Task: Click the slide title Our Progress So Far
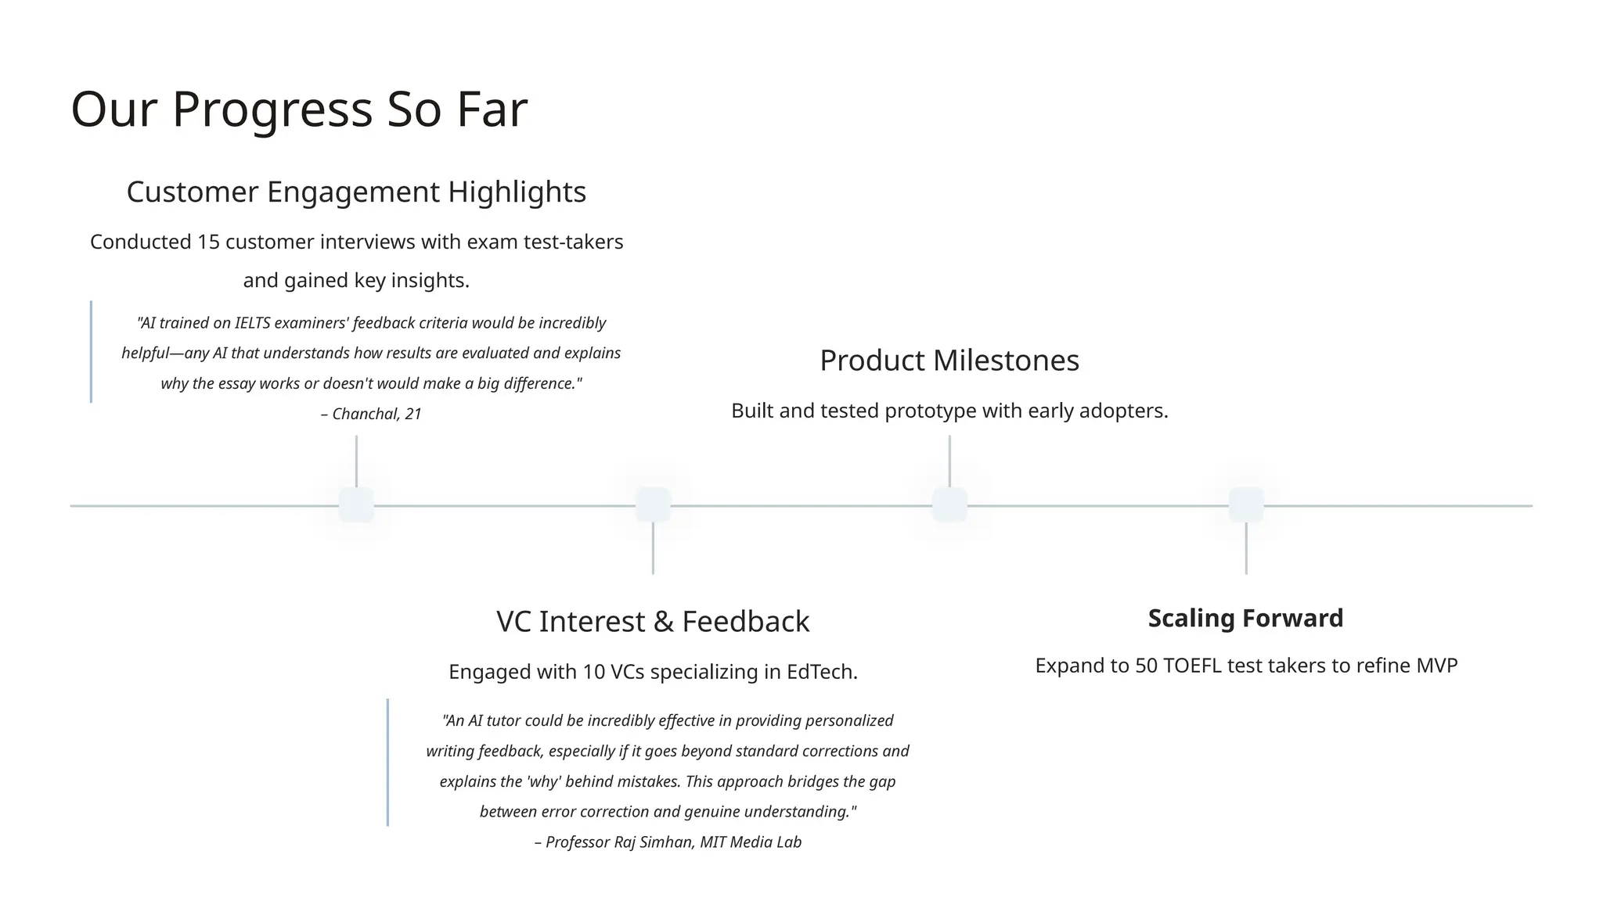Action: point(299,109)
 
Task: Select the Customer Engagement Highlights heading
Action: point(356,192)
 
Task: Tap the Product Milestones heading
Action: point(949,361)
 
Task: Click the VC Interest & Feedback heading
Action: point(653,622)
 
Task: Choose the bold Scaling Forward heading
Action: point(1245,619)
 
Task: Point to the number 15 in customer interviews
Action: point(208,242)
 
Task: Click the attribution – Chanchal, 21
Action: point(371,415)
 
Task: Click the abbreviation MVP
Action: point(1436,666)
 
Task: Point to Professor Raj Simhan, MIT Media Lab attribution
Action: point(668,843)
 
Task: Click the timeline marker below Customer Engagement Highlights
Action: point(356,505)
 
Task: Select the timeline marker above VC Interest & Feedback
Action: point(653,505)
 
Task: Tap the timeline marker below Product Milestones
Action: point(949,505)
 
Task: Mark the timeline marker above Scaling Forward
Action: point(1246,505)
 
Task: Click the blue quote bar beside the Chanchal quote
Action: point(92,352)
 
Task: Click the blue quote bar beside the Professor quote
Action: point(387,763)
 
